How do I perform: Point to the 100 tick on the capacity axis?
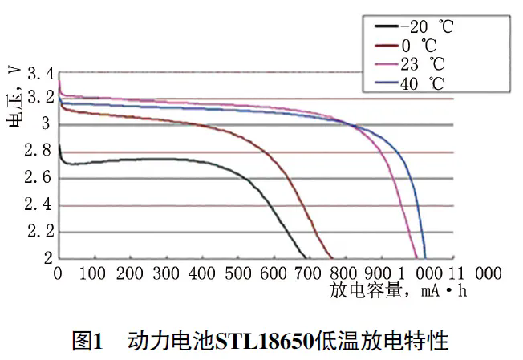pos(93,273)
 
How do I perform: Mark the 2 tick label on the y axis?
pos(47,258)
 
